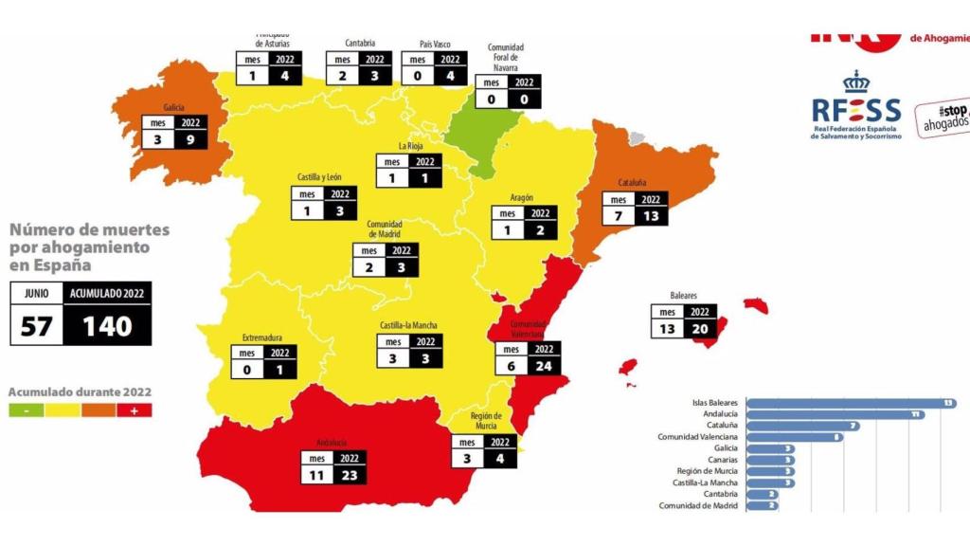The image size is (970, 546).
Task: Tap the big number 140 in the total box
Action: coord(106,327)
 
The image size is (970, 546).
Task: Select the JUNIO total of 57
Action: coord(36,327)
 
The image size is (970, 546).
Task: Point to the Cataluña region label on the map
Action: coord(632,182)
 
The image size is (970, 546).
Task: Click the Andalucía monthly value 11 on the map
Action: coord(316,476)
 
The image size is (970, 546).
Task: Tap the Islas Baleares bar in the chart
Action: coord(851,403)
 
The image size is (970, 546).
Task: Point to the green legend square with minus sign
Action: coord(27,410)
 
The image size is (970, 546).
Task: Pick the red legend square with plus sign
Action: coord(134,410)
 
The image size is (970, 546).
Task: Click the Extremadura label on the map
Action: coord(262,338)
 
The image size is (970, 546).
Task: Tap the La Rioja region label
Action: coord(409,146)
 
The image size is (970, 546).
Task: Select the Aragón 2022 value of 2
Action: coord(539,229)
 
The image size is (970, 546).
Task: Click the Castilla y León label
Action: coord(319,177)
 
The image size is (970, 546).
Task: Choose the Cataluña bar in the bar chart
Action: coord(803,426)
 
